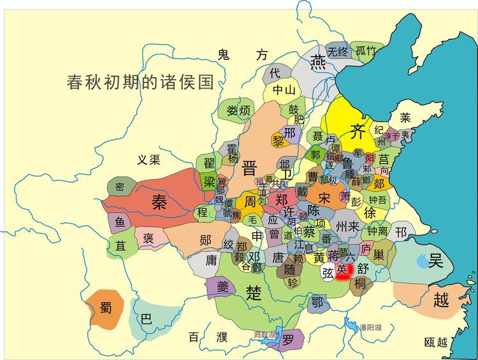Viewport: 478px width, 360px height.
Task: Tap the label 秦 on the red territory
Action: tap(159, 202)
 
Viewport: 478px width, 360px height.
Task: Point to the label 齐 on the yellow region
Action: tap(358, 132)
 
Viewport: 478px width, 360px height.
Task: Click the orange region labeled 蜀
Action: tap(105, 308)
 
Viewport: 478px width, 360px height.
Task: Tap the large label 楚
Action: tap(254, 292)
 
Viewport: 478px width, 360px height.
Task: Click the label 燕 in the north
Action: tap(317, 61)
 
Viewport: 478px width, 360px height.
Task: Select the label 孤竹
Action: tap(366, 51)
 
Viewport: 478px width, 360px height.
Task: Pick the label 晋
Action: tap(250, 168)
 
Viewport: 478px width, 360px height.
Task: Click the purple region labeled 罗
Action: tap(288, 339)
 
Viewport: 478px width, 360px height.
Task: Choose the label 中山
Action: tap(284, 90)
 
